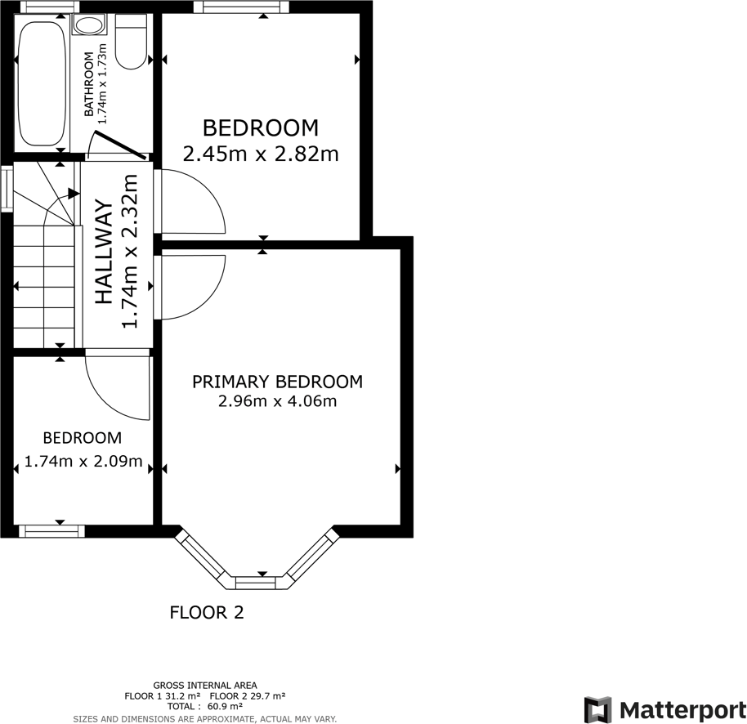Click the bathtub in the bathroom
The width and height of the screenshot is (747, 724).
click(40, 83)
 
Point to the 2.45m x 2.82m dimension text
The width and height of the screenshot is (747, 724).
click(261, 154)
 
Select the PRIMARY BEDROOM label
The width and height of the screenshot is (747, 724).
click(277, 382)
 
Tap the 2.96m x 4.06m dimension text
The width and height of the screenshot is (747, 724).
click(277, 401)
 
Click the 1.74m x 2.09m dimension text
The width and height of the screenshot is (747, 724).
click(83, 462)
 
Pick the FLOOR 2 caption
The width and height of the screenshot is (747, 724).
click(207, 612)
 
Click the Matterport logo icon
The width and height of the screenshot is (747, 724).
click(597, 708)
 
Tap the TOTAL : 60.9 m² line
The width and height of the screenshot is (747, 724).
click(204, 706)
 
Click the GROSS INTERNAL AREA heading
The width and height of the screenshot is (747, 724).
click(204, 685)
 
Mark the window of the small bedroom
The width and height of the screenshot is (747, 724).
click(51, 531)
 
